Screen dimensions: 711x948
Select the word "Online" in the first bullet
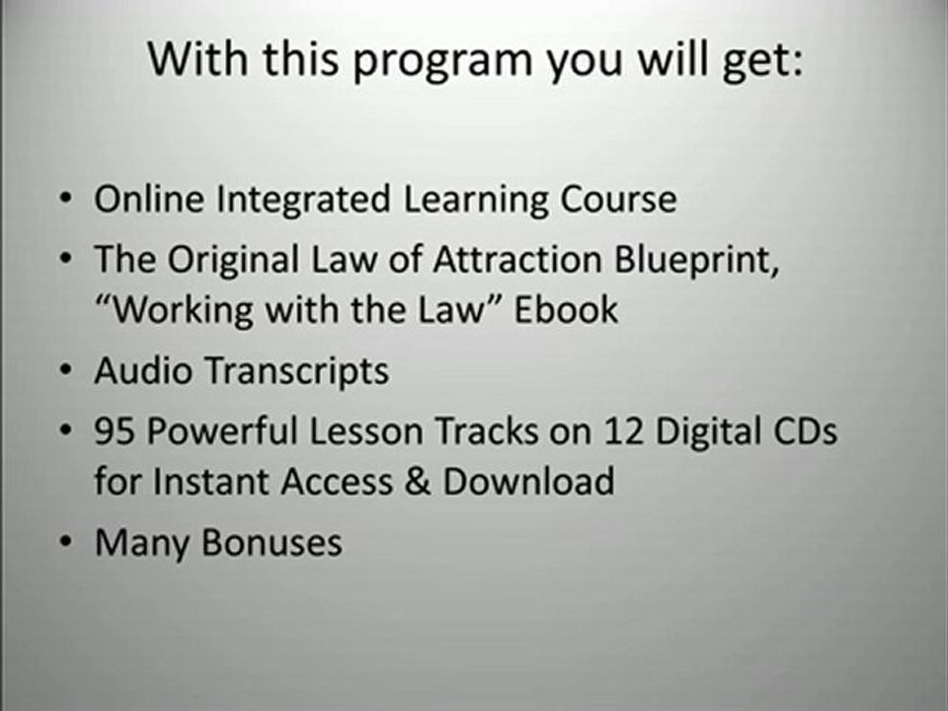pyautogui.click(x=149, y=198)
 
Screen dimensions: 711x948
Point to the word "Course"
pyautogui.click(x=619, y=198)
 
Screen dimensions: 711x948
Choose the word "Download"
pyautogui.click(x=528, y=481)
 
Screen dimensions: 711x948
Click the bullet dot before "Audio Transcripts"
pyautogui.click(x=65, y=372)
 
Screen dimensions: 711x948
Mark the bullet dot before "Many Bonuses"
pyautogui.click(x=65, y=542)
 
